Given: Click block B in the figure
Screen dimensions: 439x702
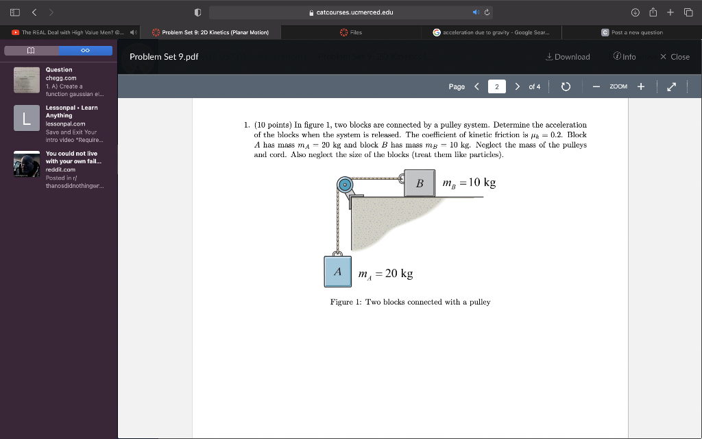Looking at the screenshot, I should click(x=420, y=183).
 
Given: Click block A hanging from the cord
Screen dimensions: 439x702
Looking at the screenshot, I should click(x=337, y=271).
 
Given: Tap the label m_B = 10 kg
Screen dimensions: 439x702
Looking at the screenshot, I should click(x=469, y=182).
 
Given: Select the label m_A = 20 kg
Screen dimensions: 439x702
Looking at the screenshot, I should click(x=385, y=274).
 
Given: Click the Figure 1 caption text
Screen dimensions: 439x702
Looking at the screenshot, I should click(x=410, y=302).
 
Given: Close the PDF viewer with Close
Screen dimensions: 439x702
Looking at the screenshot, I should click(x=675, y=57).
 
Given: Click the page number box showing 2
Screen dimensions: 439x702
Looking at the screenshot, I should click(x=496, y=86).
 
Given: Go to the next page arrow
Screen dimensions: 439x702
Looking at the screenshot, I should click(x=516, y=86).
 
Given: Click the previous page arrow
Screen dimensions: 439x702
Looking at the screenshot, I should click(x=476, y=86).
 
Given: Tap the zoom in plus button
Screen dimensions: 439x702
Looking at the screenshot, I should click(x=640, y=86).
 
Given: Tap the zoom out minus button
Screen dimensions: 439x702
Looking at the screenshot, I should click(x=596, y=86).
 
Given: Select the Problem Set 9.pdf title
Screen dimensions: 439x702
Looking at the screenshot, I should click(x=164, y=57).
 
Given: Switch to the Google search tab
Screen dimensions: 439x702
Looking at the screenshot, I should click(x=496, y=32).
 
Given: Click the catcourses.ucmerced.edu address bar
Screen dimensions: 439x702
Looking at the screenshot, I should click(x=350, y=12).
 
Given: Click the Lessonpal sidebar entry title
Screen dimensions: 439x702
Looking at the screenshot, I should click(x=71, y=111).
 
